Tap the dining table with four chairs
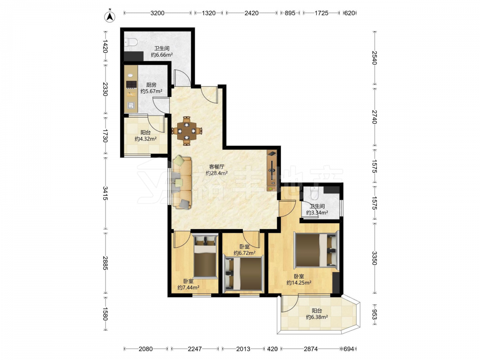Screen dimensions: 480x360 click(187, 131)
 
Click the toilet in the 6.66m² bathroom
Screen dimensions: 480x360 click(131, 42)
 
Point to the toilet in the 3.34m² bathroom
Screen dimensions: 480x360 click(314, 192)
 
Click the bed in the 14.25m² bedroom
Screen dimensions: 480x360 click(316, 250)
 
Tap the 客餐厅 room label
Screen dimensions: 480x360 click(217, 167)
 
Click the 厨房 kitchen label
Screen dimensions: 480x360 click(151, 85)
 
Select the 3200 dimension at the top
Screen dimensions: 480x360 click(157, 13)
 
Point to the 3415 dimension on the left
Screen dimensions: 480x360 click(105, 193)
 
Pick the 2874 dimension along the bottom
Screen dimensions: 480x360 click(311, 348)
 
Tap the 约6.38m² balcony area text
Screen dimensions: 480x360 click(317, 317)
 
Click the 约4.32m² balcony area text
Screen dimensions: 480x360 click(146, 139)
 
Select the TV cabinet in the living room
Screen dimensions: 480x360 click(272, 170)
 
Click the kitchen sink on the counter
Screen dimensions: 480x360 click(131, 106)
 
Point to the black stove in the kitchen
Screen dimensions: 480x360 click(132, 84)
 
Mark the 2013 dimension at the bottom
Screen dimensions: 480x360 click(243, 348)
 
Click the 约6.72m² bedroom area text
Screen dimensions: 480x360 click(245, 253)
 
